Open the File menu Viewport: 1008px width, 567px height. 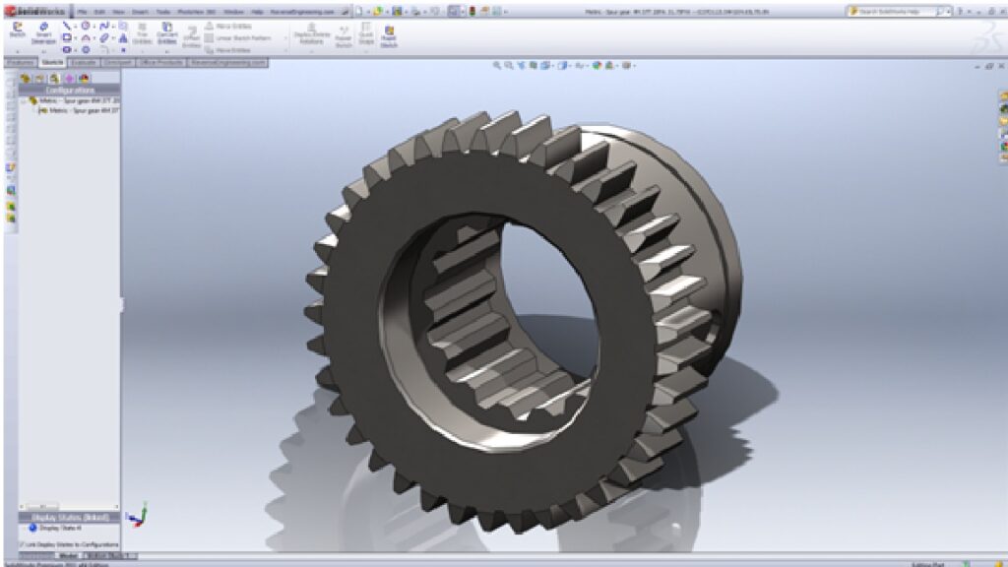[84, 11]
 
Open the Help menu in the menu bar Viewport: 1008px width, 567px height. [258, 11]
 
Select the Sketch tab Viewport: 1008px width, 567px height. [52, 62]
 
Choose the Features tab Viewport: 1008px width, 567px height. [20, 62]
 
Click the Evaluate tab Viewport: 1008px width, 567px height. [84, 62]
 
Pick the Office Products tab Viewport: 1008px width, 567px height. [163, 62]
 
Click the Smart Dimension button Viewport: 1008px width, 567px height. [43, 33]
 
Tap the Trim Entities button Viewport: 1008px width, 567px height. [141, 33]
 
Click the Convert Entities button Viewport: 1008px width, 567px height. [167, 33]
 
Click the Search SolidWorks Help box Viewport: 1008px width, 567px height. [895, 11]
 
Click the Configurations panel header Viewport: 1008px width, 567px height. [70, 90]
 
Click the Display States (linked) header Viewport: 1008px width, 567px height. [70, 517]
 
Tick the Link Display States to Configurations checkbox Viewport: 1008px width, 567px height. [23, 544]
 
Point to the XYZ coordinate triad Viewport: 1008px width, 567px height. [140, 514]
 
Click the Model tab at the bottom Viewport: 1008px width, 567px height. [67, 556]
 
